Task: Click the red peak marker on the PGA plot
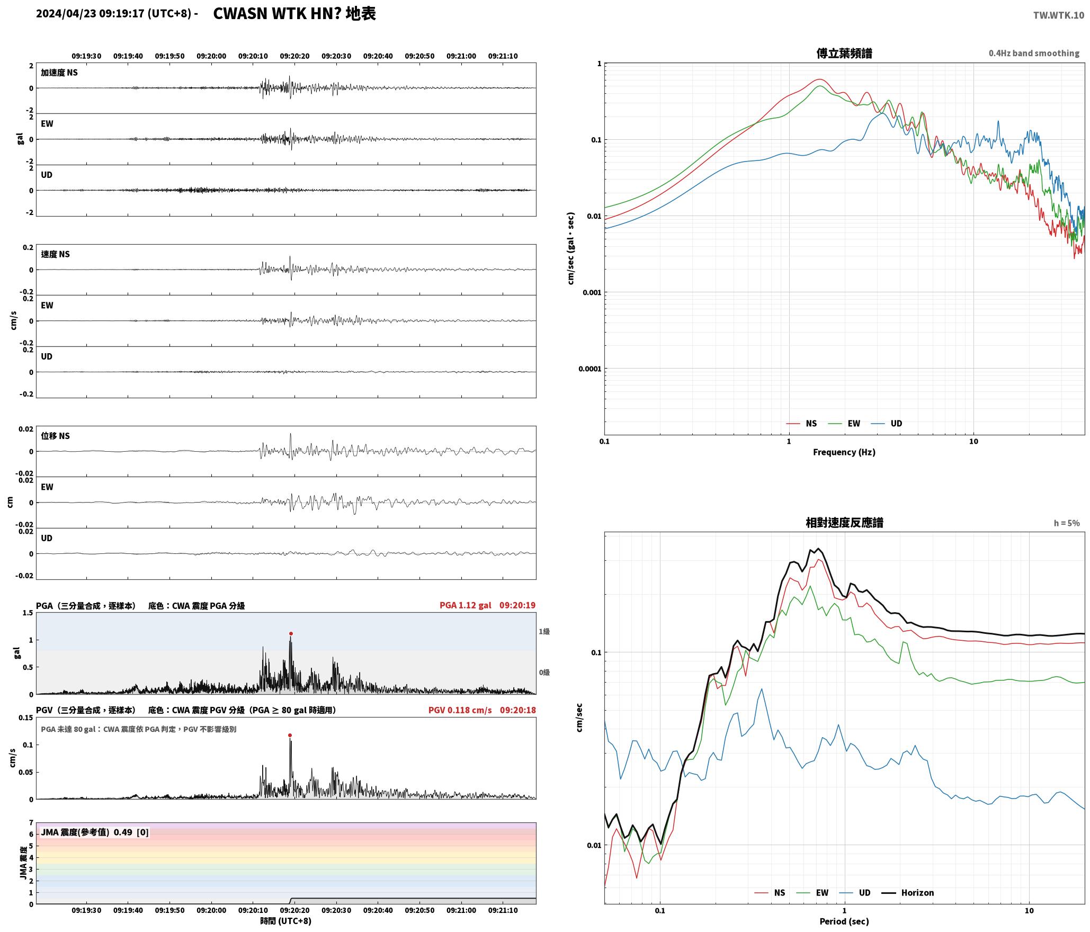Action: click(291, 633)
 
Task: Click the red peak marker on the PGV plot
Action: click(290, 735)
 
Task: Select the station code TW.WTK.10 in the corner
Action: click(1058, 15)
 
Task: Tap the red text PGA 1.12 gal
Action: click(465, 605)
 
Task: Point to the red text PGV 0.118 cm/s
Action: click(460, 710)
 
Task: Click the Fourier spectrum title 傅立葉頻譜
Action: click(844, 53)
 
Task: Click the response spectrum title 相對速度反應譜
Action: click(844, 522)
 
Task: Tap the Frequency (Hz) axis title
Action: click(844, 452)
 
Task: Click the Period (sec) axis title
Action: click(844, 921)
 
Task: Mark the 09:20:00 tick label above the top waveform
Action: click(211, 56)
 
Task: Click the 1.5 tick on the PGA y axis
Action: click(28, 613)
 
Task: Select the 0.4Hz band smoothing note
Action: click(1034, 53)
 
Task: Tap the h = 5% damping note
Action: click(1067, 523)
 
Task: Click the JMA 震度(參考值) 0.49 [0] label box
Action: click(95, 832)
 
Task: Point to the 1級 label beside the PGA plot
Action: click(544, 631)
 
